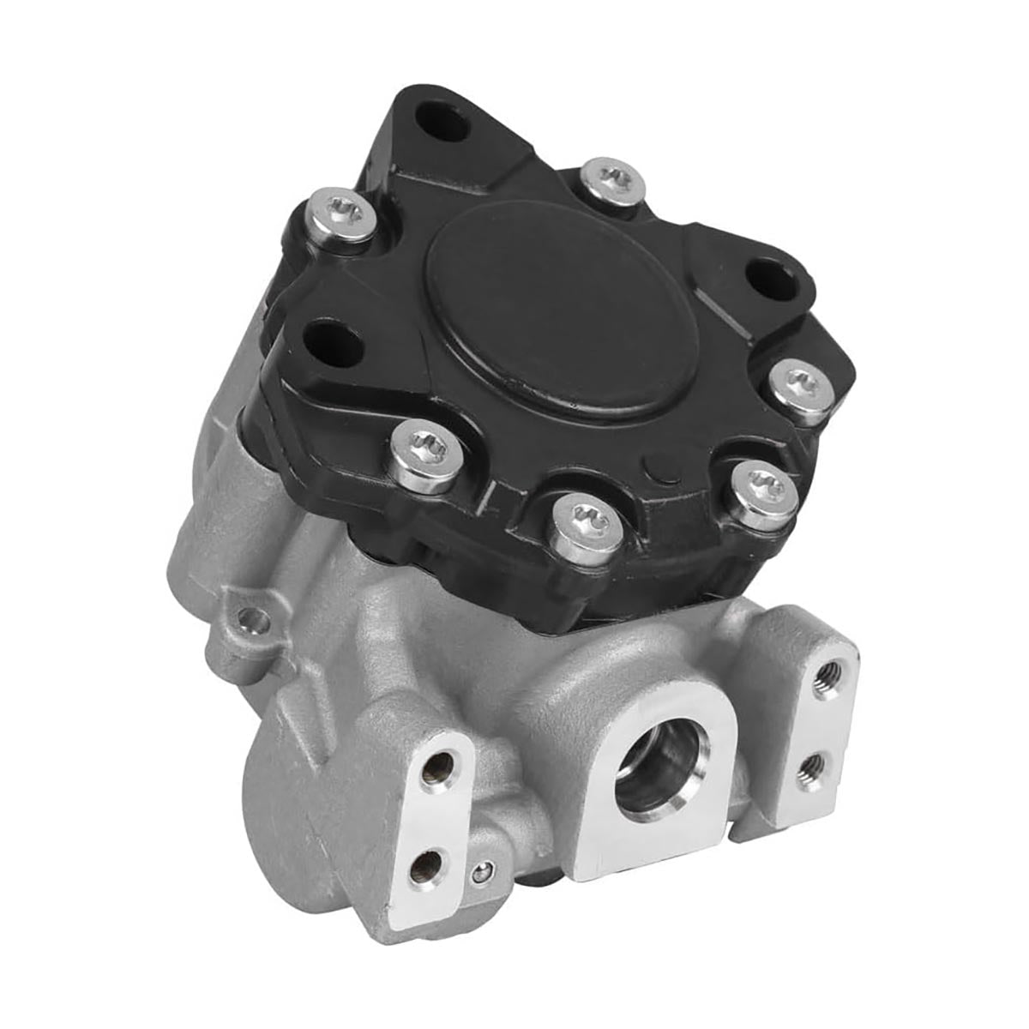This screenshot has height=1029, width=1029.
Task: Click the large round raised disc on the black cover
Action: [562, 317]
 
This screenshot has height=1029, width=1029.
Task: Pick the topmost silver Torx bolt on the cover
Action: [611, 178]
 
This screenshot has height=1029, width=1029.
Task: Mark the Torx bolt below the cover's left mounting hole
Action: [424, 446]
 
